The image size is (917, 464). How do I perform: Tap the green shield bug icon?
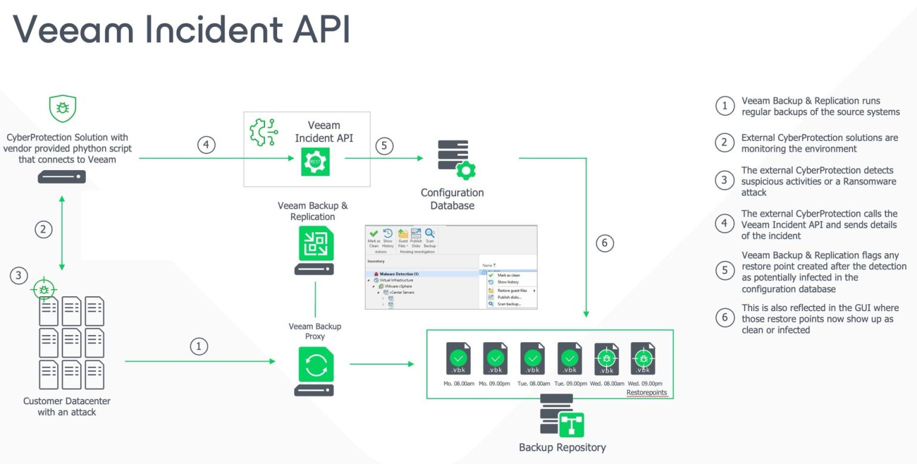click(x=63, y=109)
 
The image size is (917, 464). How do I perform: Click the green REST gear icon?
click(x=315, y=162)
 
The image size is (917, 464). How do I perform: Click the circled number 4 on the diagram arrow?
click(x=206, y=145)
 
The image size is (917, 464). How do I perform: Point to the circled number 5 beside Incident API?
click(x=384, y=146)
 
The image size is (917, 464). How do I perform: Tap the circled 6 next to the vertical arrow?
click(x=605, y=243)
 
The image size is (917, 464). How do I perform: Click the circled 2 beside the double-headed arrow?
click(x=43, y=228)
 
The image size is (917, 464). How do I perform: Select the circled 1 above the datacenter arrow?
click(x=199, y=346)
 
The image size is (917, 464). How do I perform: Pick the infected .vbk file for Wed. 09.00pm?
click(x=643, y=358)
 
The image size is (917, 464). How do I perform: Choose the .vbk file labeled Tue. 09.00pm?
click(x=570, y=358)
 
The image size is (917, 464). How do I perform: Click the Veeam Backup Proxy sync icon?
click(x=315, y=365)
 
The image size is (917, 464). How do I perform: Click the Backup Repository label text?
click(x=562, y=447)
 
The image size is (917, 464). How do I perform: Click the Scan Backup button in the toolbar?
click(x=429, y=238)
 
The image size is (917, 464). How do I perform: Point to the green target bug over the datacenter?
click(x=44, y=290)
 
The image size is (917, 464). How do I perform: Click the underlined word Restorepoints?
click(x=646, y=392)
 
